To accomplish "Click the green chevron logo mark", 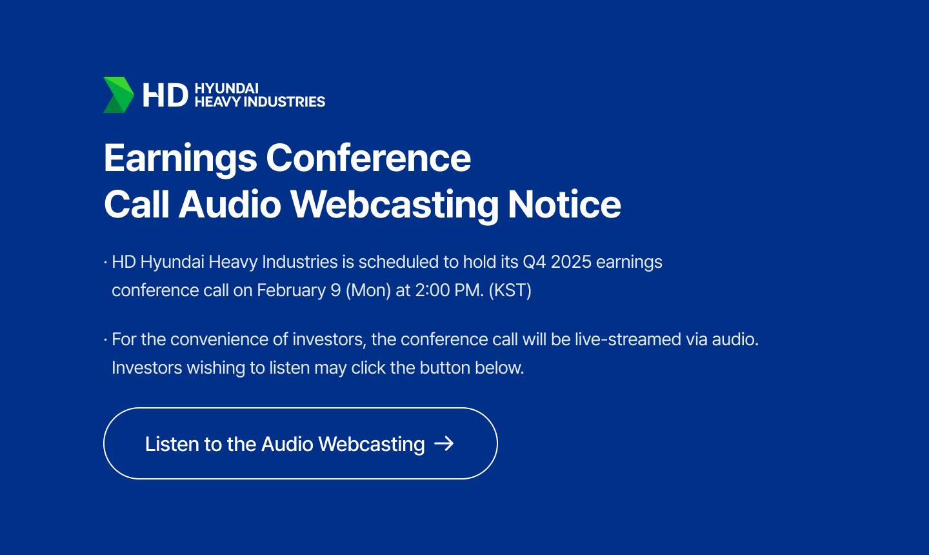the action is (119, 95).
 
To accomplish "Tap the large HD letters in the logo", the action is (165, 95).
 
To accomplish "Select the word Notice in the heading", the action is (564, 204).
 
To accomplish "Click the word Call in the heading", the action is (137, 204).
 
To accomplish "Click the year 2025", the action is (571, 262).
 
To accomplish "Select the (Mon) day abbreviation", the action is (368, 290).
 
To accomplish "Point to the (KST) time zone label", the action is (510, 290).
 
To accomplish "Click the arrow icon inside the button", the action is (444, 443).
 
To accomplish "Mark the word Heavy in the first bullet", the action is (233, 263).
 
